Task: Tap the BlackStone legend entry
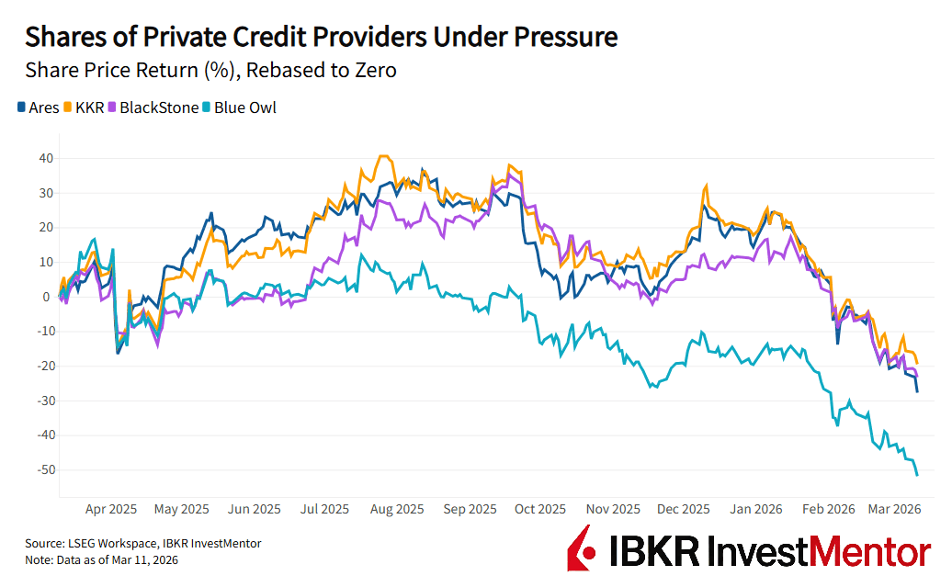(x=153, y=107)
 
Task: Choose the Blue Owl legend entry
(x=240, y=107)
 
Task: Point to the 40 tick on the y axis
(x=45, y=158)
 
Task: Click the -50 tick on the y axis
(x=42, y=469)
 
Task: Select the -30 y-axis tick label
(x=42, y=401)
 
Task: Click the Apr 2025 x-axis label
(x=110, y=508)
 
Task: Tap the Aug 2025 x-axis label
(x=396, y=508)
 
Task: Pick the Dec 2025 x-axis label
(x=683, y=508)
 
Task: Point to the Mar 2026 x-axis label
(x=895, y=508)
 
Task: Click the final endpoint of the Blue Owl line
(x=917, y=475)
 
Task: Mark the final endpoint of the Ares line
(x=917, y=392)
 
